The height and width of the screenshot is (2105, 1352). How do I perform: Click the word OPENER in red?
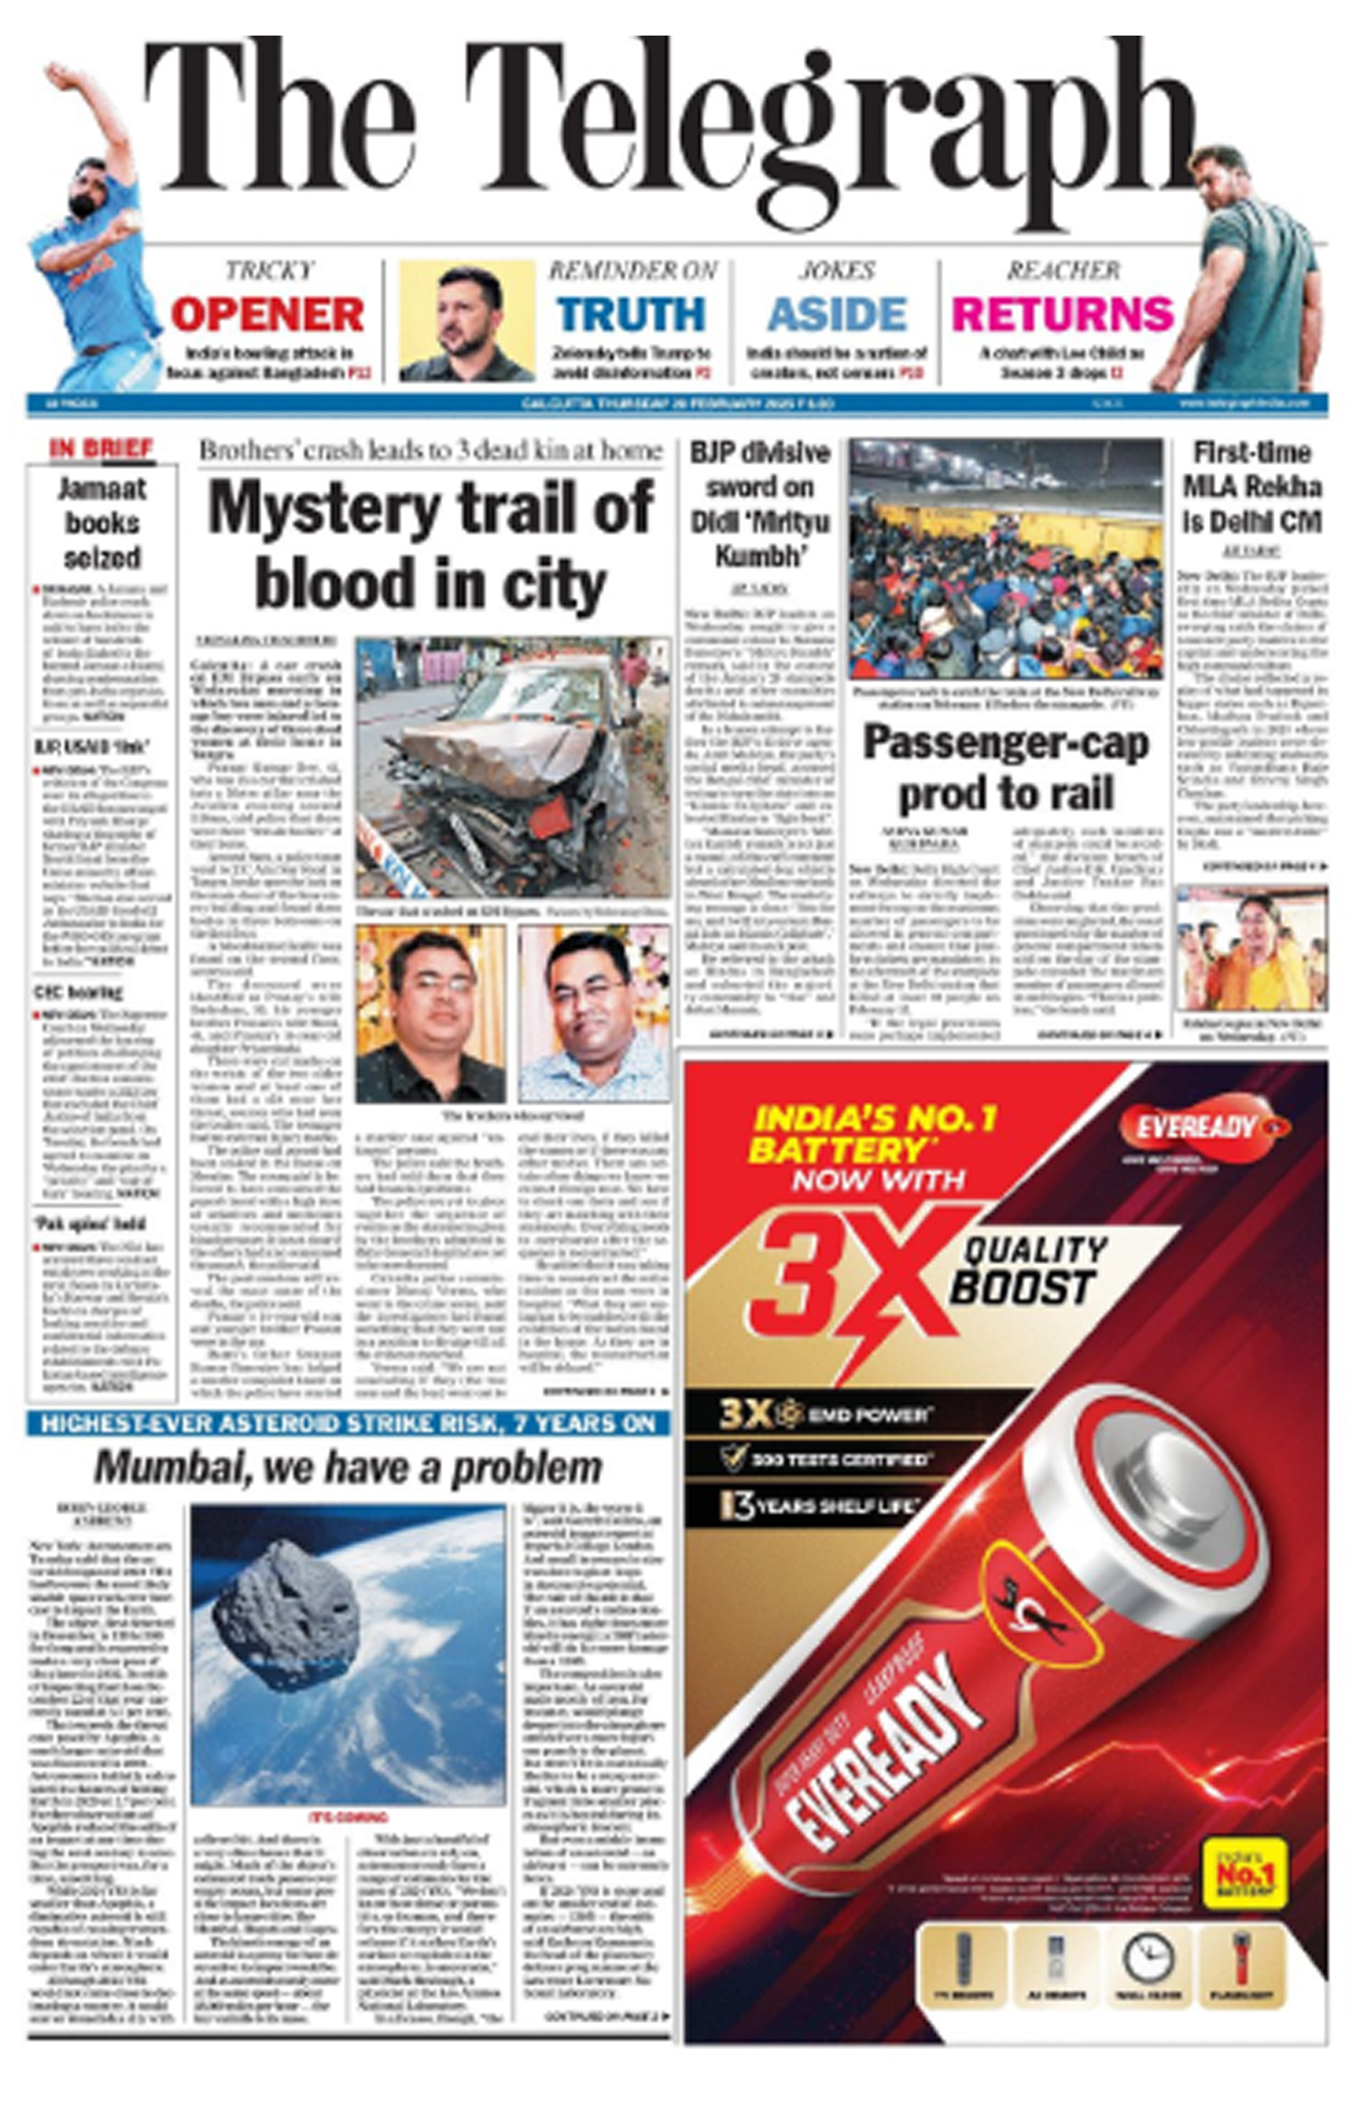pos(267,315)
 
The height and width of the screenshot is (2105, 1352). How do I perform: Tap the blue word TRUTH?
pos(631,315)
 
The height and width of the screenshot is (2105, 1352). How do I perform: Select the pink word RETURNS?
pos(1062,315)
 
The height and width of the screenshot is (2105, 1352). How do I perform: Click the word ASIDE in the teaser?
pos(836,315)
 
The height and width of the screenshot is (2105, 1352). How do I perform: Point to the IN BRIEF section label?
pos(102,449)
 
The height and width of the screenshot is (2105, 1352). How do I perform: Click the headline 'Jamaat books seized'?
pos(102,523)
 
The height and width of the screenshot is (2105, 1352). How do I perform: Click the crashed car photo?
pos(512,765)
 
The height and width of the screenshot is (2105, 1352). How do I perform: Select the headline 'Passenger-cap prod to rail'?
pos(1006,768)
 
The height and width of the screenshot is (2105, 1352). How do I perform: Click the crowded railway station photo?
pos(1006,559)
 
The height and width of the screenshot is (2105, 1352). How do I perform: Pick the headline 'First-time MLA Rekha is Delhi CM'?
pos(1252,487)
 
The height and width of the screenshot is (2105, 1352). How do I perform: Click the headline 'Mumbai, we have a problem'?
pos(347,1468)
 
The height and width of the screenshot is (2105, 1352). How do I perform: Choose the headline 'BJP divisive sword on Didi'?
pos(759,505)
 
